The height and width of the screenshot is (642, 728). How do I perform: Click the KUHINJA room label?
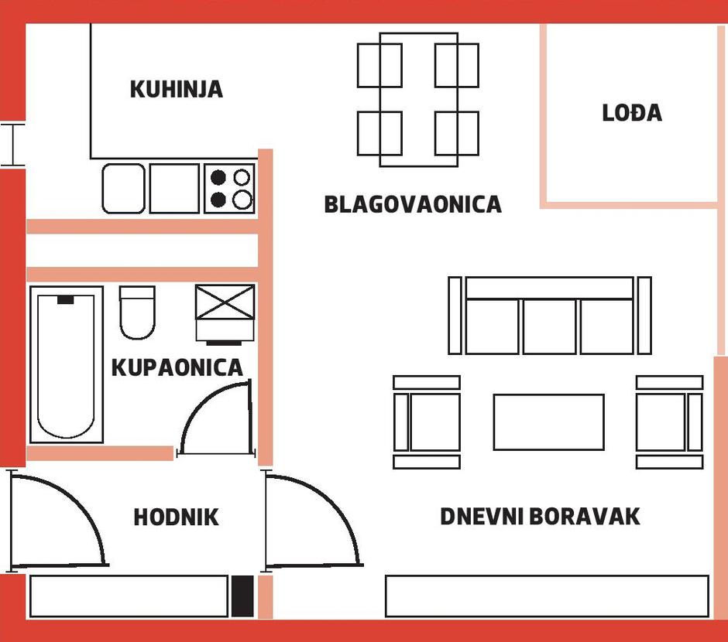coord(177,90)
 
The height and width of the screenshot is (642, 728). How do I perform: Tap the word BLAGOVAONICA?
coord(413,204)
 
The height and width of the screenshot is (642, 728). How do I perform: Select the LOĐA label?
coord(632,113)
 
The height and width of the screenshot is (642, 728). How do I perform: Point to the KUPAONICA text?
coord(177,367)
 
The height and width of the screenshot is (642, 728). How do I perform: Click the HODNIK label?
coord(176,517)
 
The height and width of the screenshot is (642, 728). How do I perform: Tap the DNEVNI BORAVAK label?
coord(540,517)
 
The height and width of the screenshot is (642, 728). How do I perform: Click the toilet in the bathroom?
coord(137,312)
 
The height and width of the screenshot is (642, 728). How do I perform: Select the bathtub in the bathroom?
coord(67,364)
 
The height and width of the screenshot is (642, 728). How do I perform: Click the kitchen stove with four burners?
coord(229,189)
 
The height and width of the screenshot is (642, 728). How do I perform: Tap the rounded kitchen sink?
coord(123,189)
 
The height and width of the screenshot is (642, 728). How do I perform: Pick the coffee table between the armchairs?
coord(549,422)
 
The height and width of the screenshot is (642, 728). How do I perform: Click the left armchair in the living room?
coord(427,422)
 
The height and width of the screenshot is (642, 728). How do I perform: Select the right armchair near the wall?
coord(669,422)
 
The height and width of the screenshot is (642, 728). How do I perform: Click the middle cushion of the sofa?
coord(549,326)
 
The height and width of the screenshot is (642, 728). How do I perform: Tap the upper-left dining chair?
coord(379,65)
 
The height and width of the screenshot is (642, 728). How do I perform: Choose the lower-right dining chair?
coord(457,133)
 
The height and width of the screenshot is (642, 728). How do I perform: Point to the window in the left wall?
coord(12,145)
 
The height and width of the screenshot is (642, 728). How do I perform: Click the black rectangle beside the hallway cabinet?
coord(242,596)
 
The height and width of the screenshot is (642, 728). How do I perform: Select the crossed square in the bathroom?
coord(225,302)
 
